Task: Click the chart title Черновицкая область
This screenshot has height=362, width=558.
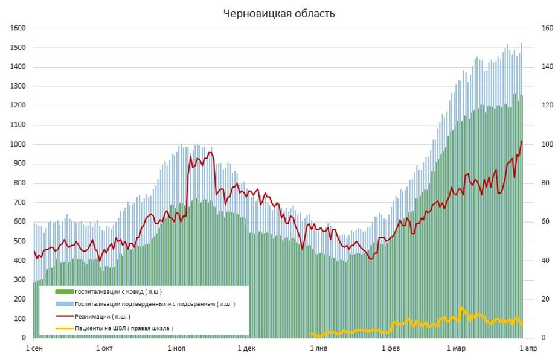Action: (x=278, y=13)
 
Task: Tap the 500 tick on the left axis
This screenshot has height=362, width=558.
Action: (x=19, y=241)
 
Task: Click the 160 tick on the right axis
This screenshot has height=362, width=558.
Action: (x=547, y=28)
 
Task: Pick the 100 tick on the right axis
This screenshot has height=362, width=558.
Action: (x=547, y=144)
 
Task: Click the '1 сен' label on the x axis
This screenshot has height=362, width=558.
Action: (x=34, y=348)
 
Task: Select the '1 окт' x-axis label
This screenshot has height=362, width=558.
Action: (x=104, y=348)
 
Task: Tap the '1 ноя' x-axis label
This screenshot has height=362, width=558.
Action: (x=176, y=348)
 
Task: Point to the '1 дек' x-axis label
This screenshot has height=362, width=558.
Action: (x=246, y=348)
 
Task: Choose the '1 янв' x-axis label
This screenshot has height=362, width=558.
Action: (x=319, y=348)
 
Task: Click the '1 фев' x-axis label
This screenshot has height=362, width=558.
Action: (x=391, y=348)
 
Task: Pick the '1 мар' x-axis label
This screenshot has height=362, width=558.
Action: (x=457, y=348)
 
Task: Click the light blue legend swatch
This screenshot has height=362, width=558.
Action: (x=65, y=304)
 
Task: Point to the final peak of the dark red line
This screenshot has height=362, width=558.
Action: (x=522, y=141)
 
